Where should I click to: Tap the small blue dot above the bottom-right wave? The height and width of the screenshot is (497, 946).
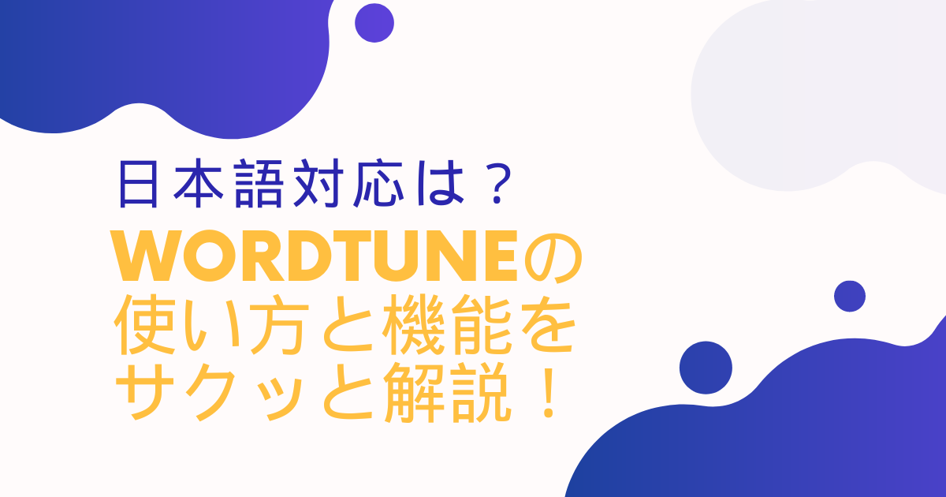coord(849,297)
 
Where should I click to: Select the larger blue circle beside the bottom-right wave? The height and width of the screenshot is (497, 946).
coord(706,368)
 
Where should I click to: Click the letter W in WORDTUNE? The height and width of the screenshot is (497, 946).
coord(146,258)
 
